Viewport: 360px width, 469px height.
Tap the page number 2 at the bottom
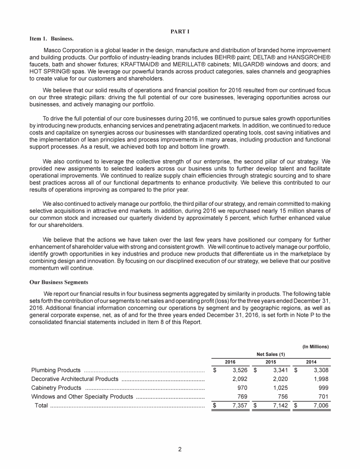(180, 449)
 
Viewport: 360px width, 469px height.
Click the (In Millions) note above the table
(315, 347)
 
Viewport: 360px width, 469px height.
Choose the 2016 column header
(230, 363)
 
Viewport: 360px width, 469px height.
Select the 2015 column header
(270, 363)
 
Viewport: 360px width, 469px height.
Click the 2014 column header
(311, 363)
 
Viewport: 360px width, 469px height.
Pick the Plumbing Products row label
(56, 371)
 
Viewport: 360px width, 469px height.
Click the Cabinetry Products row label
(57, 388)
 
